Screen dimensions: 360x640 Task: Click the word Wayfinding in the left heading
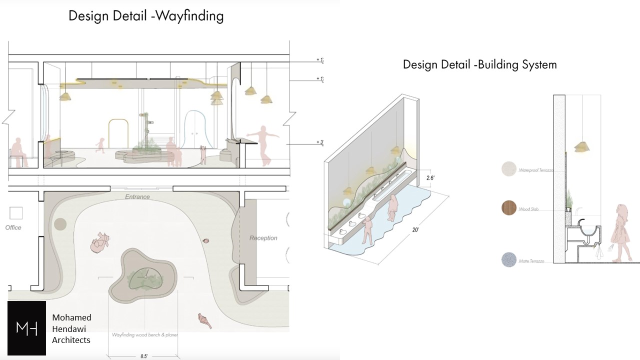[189, 16]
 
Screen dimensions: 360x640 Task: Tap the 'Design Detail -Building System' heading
[479, 64]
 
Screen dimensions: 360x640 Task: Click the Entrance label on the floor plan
[137, 197]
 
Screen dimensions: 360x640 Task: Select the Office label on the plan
[13, 227]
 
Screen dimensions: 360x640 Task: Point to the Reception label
[263, 238]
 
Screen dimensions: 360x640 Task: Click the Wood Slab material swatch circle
[509, 207]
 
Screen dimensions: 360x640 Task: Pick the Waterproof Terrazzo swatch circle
[509, 169]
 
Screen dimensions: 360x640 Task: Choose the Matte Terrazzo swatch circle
[509, 259]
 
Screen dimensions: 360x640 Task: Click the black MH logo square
[26, 328]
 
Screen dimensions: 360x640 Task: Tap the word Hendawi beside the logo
[71, 329]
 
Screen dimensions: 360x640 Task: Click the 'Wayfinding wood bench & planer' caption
[145, 334]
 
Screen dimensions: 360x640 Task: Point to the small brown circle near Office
[60, 224]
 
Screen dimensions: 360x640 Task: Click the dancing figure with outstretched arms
[263, 145]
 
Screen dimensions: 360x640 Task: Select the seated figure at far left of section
[17, 152]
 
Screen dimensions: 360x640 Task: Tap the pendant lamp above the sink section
[581, 146]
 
